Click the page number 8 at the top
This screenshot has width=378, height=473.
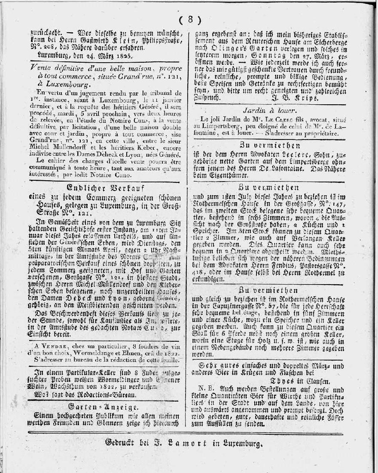[x=189, y=20]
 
